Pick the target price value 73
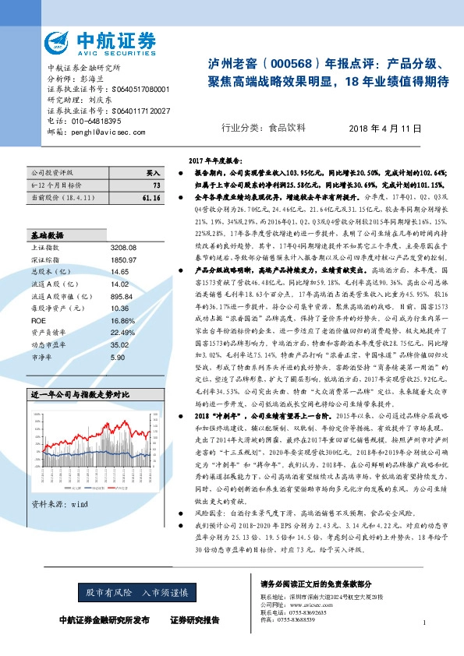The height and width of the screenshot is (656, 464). coord(157,185)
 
